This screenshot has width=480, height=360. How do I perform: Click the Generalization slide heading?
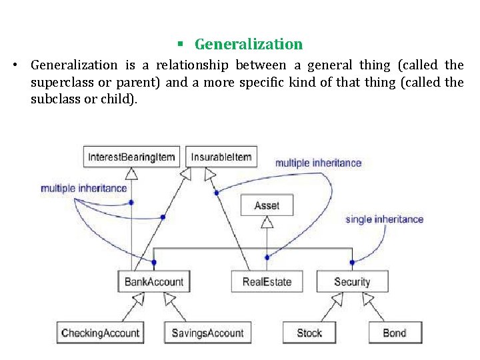(248, 45)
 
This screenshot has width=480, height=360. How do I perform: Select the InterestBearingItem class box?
(131, 157)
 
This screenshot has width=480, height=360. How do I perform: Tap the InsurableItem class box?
(221, 157)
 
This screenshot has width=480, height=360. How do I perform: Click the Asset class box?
(267, 206)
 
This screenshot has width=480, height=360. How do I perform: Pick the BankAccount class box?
(153, 281)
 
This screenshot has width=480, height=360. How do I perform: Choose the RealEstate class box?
(267, 281)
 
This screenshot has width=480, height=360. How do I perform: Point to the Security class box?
(351, 281)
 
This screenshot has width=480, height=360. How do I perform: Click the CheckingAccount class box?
(101, 333)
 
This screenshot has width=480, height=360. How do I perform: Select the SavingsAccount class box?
(207, 333)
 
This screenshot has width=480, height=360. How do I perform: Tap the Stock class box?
(309, 333)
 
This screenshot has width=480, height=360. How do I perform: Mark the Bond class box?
(394, 333)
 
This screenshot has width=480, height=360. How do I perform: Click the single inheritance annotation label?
(385, 219)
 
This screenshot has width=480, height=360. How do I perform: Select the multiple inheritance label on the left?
(83, 188)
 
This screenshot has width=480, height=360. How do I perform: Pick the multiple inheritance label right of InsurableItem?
(318, 163)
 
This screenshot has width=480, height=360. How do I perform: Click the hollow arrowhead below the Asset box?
(267, 223)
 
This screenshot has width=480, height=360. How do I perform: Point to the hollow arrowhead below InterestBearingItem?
(131, 173)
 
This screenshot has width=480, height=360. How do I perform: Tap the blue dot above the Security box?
(352, 262)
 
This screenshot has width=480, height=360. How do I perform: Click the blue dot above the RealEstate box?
(267, 257)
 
